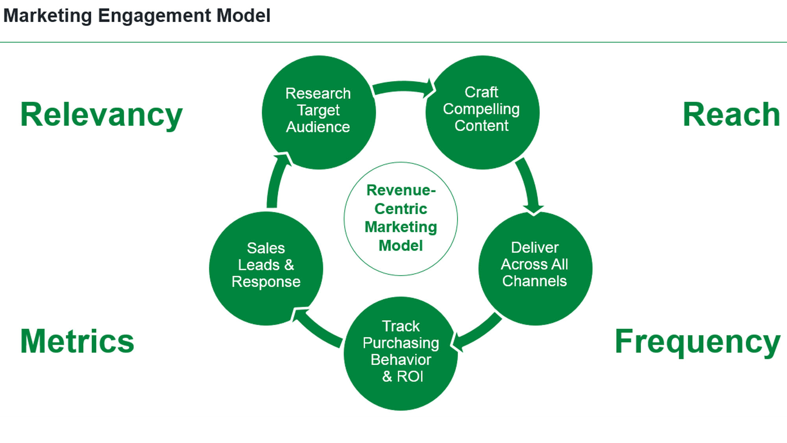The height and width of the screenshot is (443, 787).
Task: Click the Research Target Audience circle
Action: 319,112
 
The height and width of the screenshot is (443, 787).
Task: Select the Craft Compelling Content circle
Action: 482,112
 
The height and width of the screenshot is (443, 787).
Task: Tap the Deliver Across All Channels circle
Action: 535,269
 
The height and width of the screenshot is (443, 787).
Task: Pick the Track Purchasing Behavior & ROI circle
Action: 401,353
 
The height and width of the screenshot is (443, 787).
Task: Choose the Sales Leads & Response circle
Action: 266,269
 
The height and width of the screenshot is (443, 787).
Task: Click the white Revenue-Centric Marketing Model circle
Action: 401,219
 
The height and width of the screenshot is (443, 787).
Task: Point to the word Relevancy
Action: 101,115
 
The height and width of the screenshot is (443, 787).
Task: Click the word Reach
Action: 731,115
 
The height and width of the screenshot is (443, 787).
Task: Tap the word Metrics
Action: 77,341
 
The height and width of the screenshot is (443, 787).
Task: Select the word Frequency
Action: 697,341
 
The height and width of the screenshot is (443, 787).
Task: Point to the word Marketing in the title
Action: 48,16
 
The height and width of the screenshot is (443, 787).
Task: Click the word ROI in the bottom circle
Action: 410,376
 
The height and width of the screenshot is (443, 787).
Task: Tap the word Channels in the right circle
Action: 534,281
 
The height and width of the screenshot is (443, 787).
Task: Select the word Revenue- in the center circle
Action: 401,190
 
